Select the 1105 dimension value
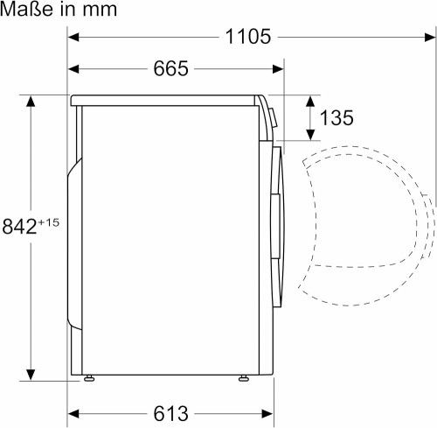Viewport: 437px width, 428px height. point(247,37)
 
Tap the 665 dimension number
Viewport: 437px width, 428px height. point(173,68)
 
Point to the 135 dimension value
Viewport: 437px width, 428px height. point(336,116)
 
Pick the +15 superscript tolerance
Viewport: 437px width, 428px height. point(49,221)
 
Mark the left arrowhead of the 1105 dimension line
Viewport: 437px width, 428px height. point(74,37)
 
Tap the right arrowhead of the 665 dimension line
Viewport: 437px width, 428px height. point(280,68)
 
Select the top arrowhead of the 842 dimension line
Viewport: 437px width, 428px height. point(32,101)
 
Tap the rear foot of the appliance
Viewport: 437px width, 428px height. point(89,379)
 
